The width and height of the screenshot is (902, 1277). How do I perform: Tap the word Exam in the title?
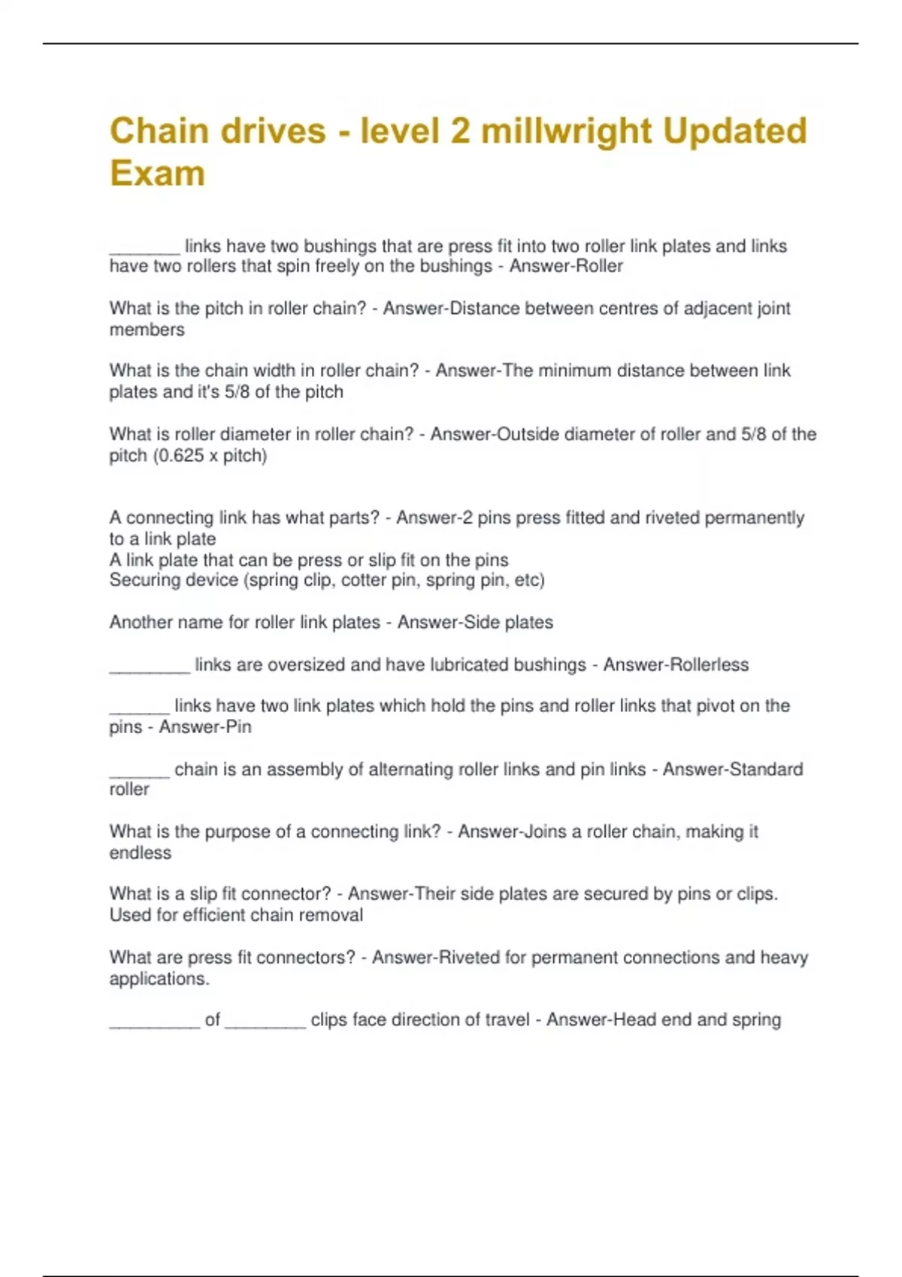pyautogui.click(x=157, y=174)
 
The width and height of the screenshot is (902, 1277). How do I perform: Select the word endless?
pyautogui.click(x=141, y=853)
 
